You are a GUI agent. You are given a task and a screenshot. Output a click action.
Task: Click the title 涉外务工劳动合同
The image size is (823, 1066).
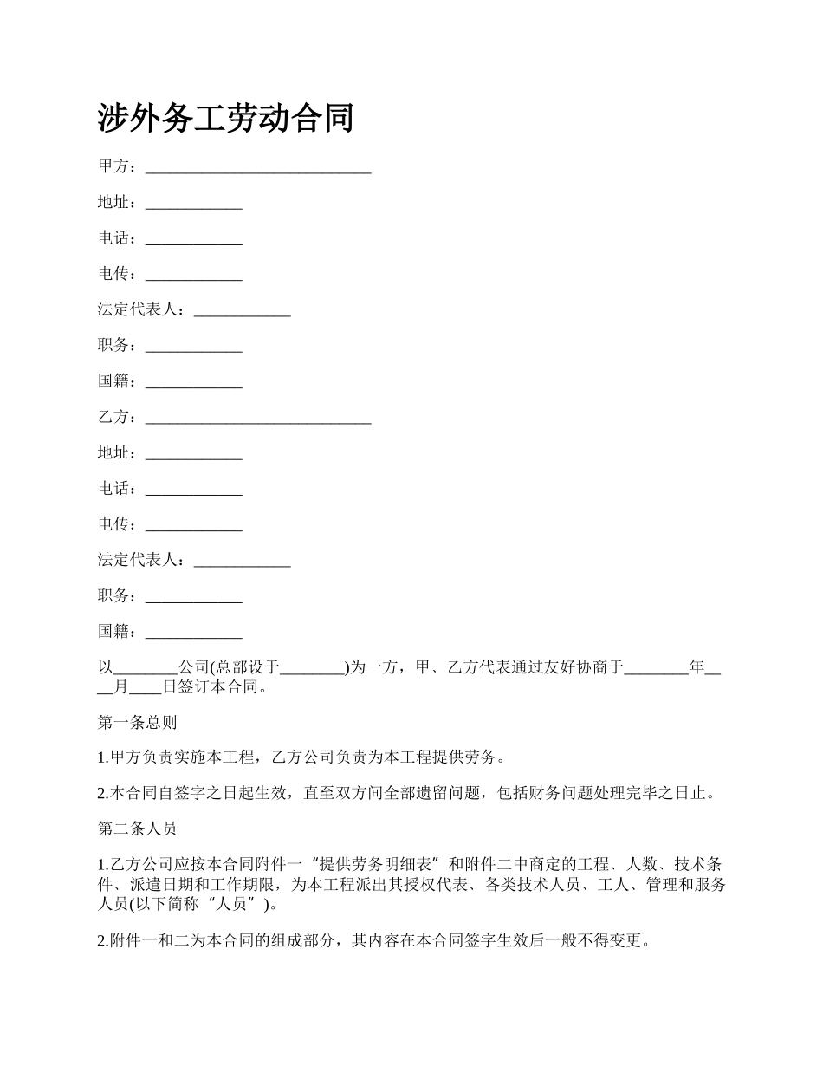pos(225,118)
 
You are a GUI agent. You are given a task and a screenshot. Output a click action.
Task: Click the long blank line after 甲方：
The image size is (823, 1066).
pos(258,168)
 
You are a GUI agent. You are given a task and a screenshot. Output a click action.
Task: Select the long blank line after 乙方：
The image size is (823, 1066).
pos(258,419)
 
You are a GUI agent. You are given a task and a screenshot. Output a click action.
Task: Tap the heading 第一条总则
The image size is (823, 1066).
pos(137,722)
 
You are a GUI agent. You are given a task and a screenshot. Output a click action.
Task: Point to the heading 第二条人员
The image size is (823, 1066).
pos(137,829)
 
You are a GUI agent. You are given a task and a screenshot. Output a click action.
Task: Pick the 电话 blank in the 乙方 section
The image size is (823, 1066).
pos(193,491)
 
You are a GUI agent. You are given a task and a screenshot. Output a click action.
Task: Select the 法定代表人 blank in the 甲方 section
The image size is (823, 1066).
pos(242,311)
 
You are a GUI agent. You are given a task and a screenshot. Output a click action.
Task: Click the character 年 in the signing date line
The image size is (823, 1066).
pos(697,667)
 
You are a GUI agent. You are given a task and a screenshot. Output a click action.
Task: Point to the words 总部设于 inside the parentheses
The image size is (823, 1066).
pos(248,667)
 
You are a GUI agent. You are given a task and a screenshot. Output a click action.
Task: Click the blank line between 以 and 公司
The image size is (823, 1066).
pos(146,669)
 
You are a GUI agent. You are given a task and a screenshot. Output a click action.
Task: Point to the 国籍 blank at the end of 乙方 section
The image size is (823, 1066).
pos(193,634)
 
